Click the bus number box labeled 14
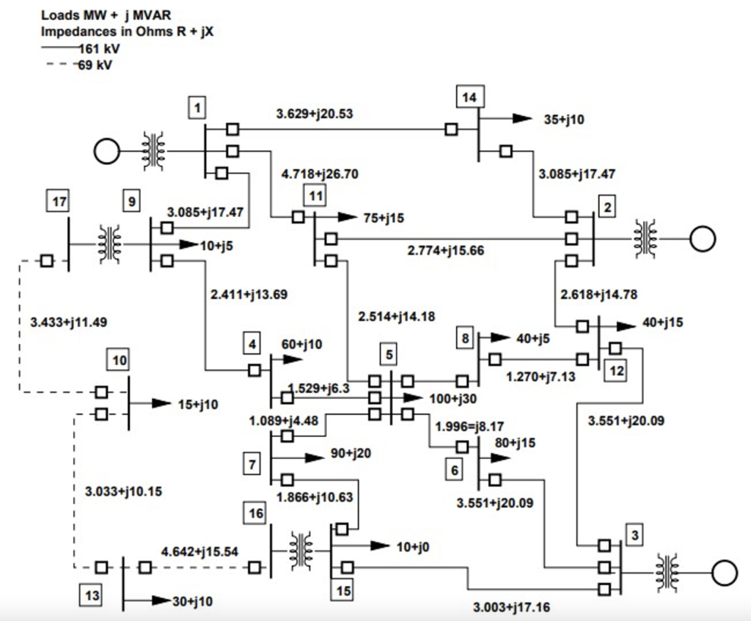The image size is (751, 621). (x=470, y=96)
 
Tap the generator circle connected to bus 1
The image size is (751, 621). (x=106, y=152)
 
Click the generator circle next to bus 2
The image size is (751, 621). (x=703, y=238)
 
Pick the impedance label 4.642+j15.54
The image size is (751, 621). (x=200, y=551)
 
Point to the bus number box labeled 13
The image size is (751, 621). (x=92, y=594)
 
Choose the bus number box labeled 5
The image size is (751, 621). (x=389, y=354)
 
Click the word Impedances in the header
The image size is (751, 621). (x=73, y=32)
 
